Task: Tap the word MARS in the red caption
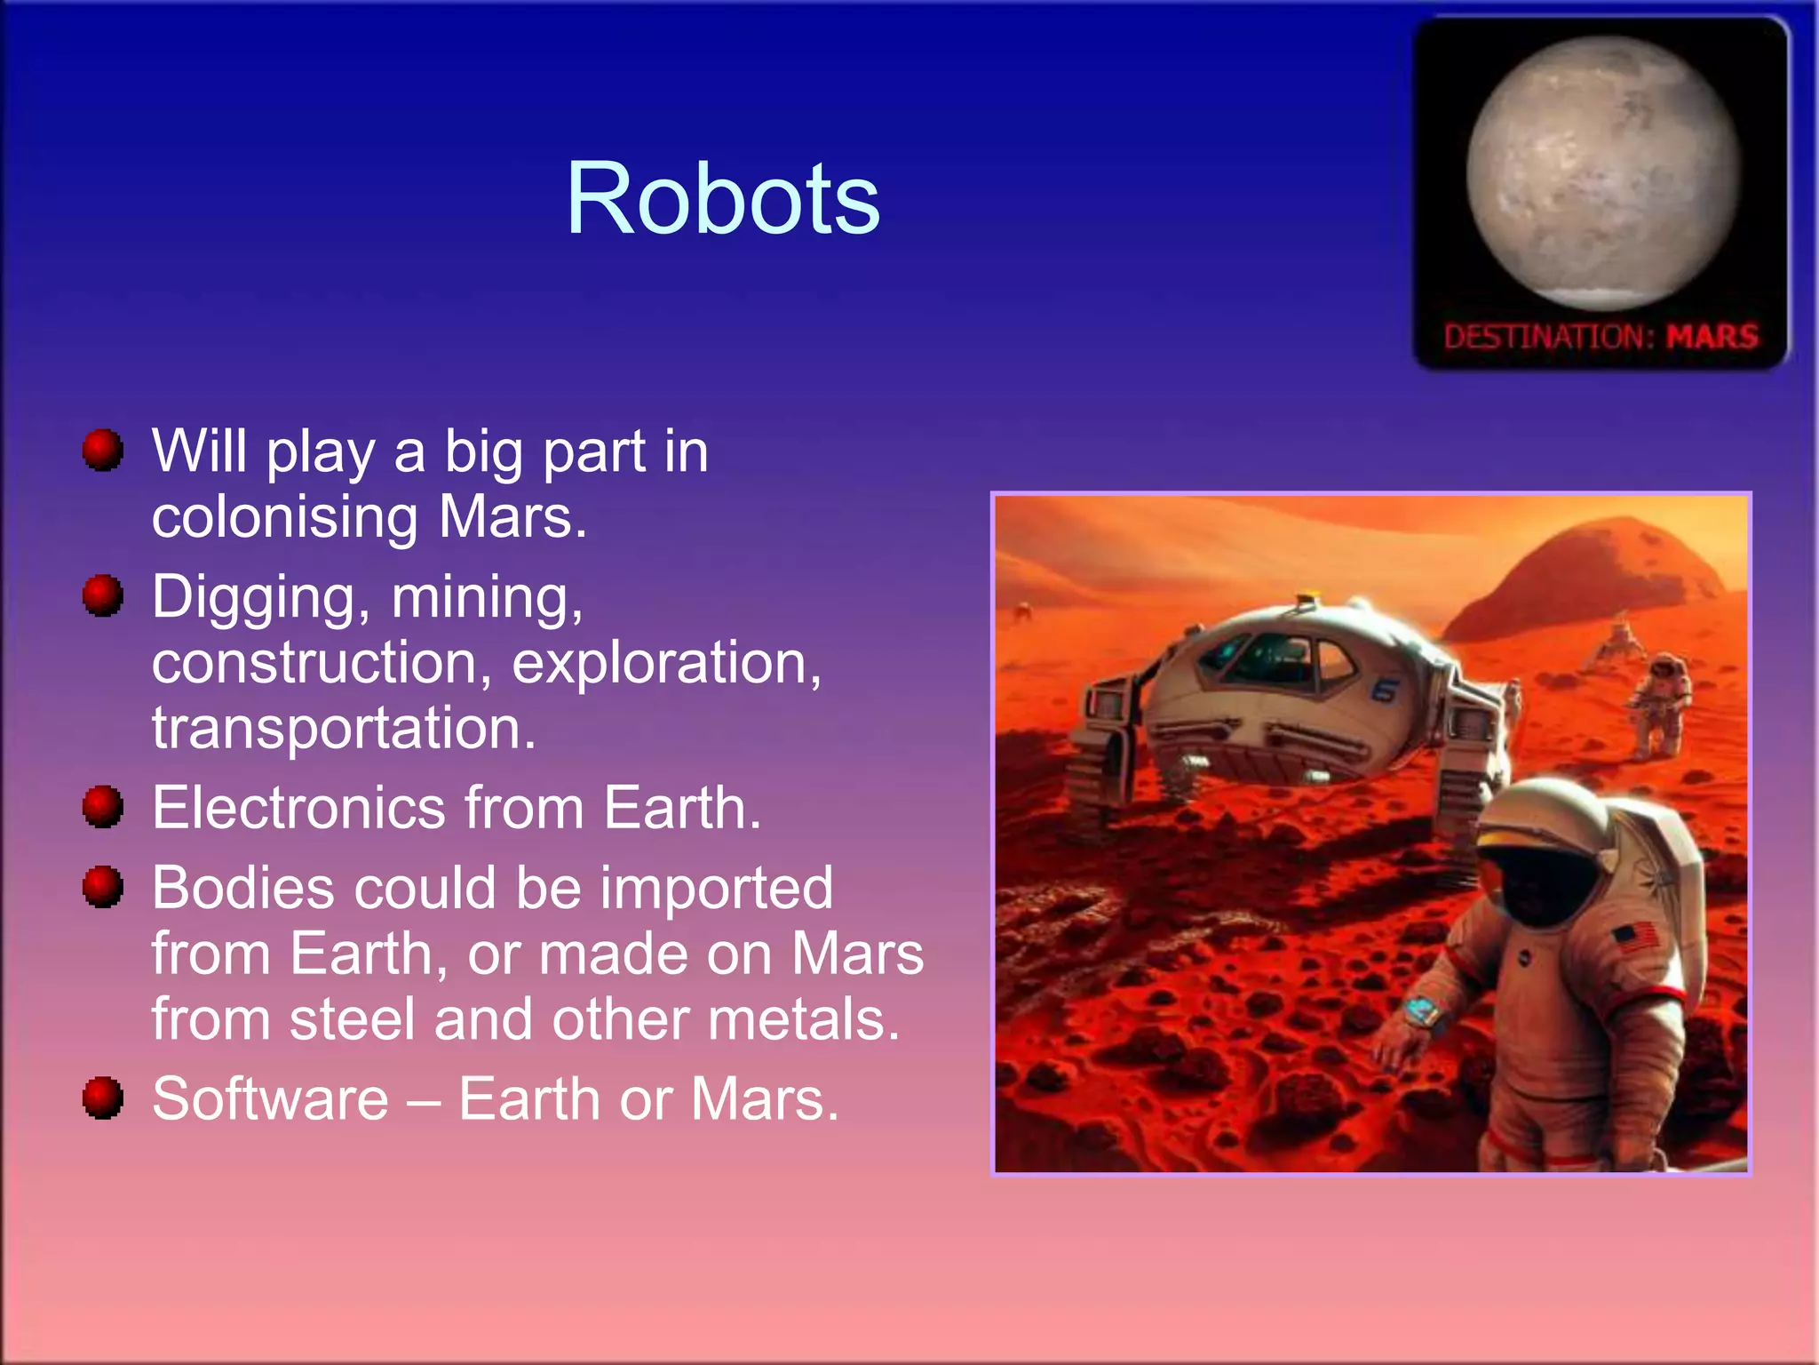1712,337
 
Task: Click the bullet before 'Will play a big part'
103,450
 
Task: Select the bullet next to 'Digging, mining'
103,595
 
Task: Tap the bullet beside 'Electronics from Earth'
103,806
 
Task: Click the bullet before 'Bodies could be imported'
103,887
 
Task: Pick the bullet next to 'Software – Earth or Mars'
103,1098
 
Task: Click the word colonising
284,517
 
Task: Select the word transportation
344,729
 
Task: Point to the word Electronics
298,808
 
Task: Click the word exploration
666,663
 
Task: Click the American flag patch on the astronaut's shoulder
1634,937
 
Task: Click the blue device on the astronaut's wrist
1423,1010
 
